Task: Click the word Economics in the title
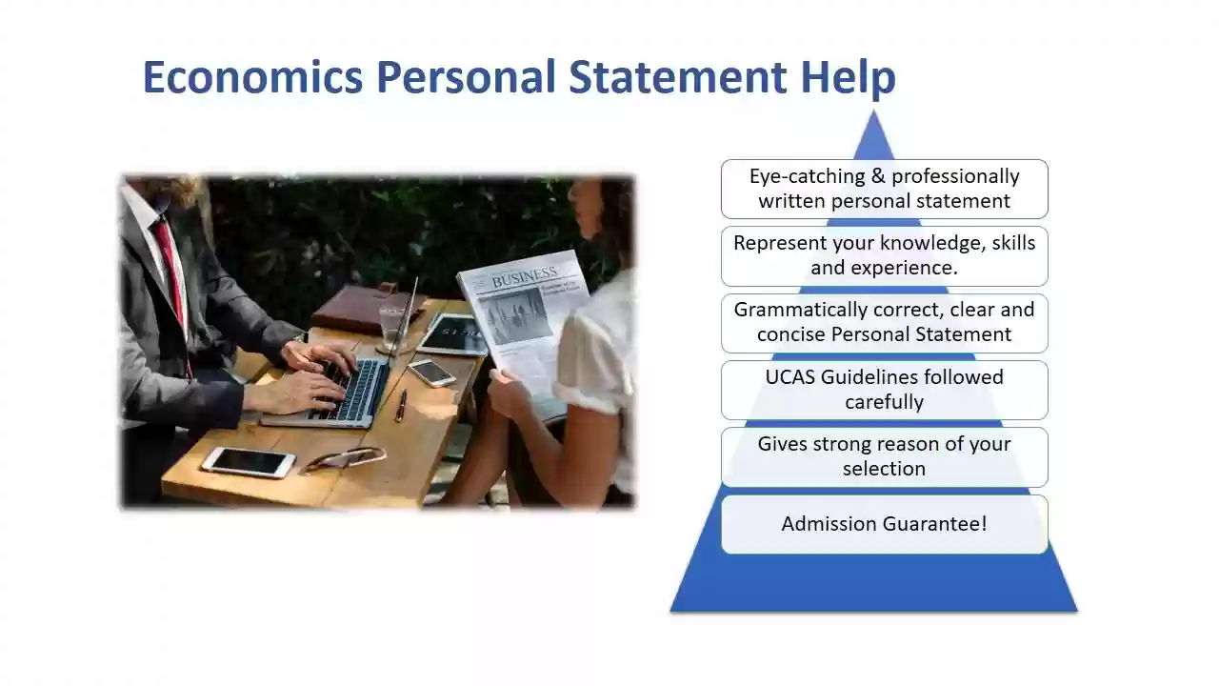coord(253,77)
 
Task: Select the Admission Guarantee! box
coord(885,524)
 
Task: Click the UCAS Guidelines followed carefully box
coord(885,390)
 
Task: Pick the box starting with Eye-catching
coord(885,189)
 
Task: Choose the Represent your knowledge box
coord(885,256)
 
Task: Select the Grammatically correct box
coord(885,323)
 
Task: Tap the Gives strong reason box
coord(885,456)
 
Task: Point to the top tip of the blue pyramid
coord(873,111)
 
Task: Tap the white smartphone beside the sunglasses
coord(249,462)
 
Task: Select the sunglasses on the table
coord(345,458)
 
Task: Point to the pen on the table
coord(401,406)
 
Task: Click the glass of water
coord(392,328)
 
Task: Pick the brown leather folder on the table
coord(368,308)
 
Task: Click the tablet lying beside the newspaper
coord(452,334)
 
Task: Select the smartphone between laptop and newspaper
coord(431,373)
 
